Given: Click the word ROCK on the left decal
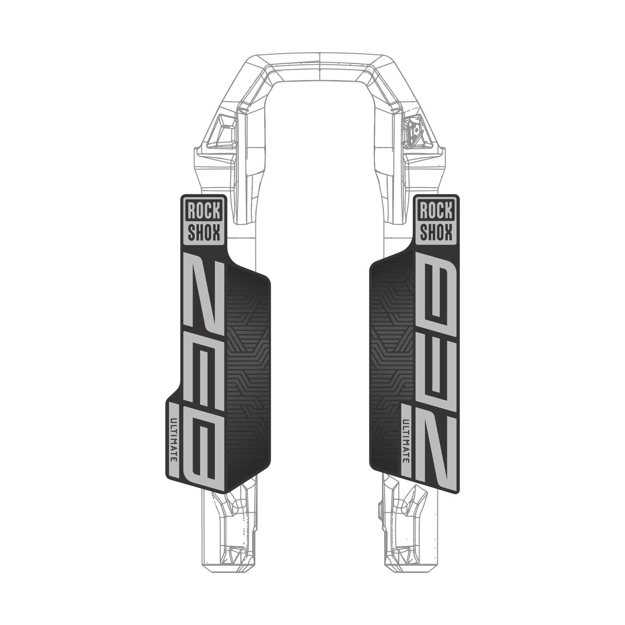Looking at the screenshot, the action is click(x=204, y=211).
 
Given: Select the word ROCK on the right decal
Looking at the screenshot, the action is click(x=436, y=211).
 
